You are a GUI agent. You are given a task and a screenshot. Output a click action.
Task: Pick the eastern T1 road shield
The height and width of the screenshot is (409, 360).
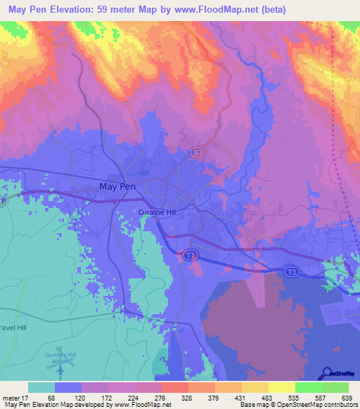tap(290, 270)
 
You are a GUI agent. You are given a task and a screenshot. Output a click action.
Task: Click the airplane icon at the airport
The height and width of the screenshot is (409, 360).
tap(60, 370)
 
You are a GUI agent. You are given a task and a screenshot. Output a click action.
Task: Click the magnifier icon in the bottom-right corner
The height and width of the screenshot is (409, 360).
tap(327, 374)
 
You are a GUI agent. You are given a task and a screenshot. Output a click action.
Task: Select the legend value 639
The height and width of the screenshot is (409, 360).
tap(345, 397)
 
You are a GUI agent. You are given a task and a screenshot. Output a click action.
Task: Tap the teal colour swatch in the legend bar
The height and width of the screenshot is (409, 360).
tap(41, 387)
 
